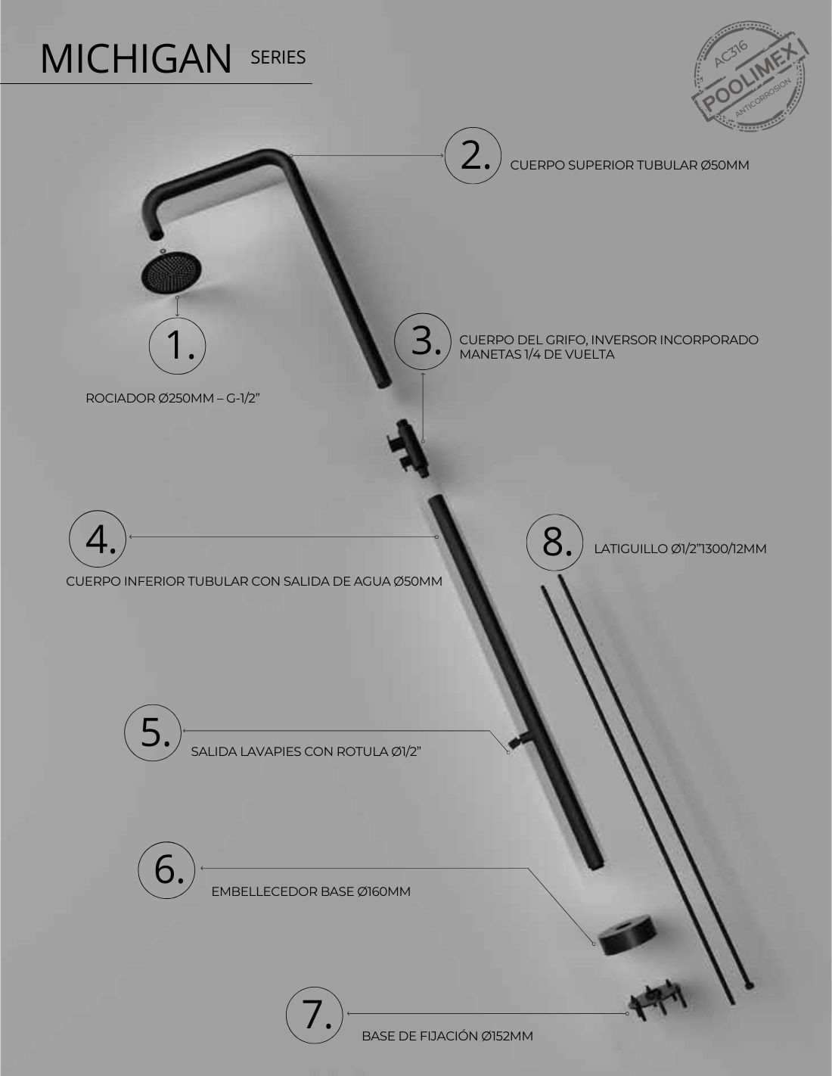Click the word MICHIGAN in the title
135,59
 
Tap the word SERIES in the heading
278,58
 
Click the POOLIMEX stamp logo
750,76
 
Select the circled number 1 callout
177,346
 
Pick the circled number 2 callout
473,155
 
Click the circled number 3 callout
423,341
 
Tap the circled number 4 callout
98,539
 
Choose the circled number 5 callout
153,733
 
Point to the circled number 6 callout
167,870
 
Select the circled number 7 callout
315,1015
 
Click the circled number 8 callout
555,543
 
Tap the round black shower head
171,272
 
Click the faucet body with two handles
408,448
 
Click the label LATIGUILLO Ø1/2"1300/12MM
680,549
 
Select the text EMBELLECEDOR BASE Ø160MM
311,891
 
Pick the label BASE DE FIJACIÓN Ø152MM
448,1035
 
